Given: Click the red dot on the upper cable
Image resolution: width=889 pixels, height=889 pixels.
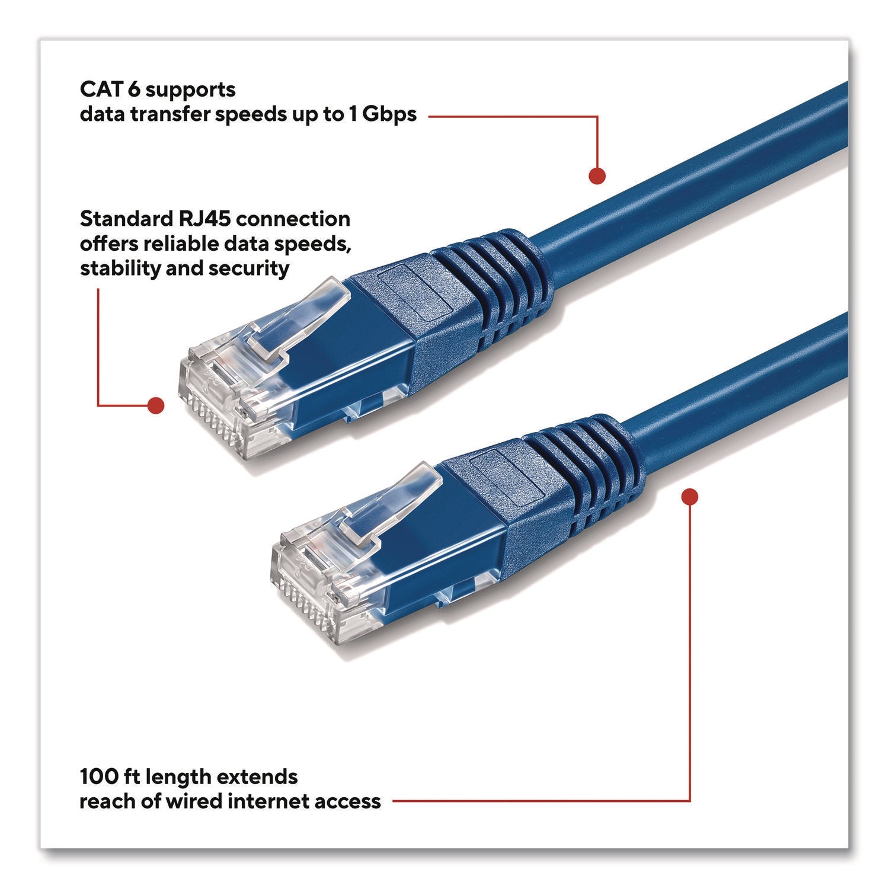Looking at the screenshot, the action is pos(597,175).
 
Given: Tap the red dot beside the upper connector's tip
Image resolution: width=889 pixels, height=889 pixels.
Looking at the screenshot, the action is pos(155,405).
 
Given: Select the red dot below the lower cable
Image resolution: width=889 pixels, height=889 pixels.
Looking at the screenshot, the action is pos(690,496).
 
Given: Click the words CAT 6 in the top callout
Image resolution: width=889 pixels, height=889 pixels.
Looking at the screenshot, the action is pos(109,89).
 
